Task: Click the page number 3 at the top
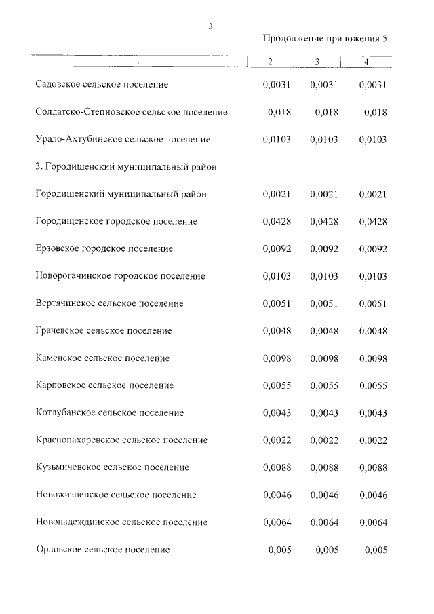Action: (210, 26)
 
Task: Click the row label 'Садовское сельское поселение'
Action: (101, 85)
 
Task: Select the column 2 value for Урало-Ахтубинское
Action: (277, 140)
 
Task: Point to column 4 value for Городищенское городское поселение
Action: (373, 222)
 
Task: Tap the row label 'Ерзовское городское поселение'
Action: (104, 249)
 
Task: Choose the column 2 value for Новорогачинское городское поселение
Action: (277, 276)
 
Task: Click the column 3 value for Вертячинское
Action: (324, 303)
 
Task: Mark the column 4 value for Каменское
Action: (373, 358)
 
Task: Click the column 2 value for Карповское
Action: (277, 385)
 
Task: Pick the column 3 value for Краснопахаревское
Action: (324, 440)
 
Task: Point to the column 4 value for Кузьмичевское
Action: (373, 467)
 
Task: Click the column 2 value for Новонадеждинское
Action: (277, 522)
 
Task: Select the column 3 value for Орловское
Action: (327, 550)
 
